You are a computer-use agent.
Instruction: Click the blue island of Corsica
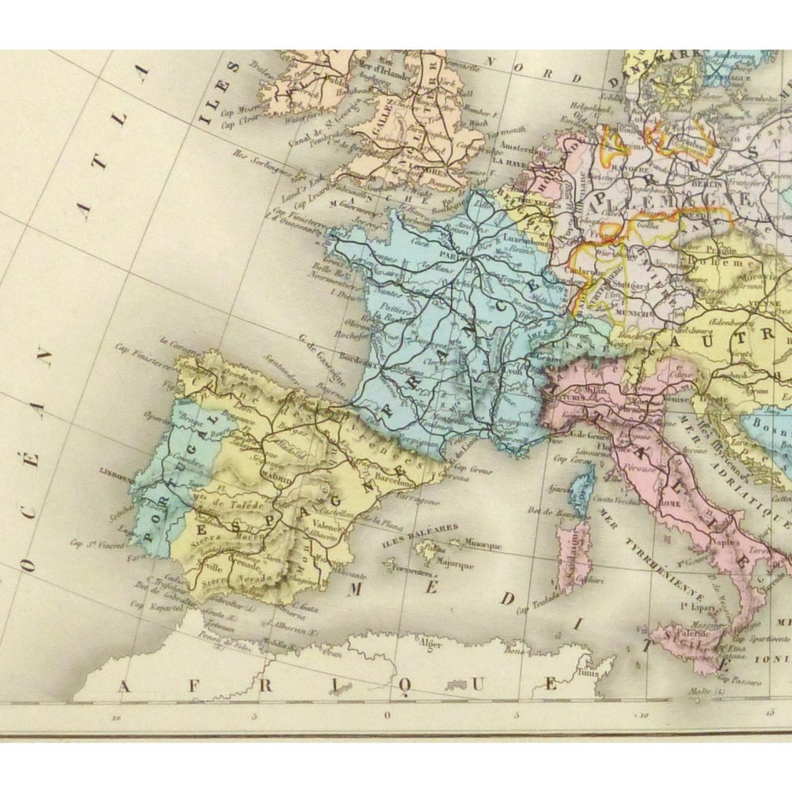click(x=582, y=490)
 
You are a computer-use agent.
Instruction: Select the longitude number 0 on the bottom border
click(x=387, y=715)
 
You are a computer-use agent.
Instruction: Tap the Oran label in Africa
click(x=333, y=652)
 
